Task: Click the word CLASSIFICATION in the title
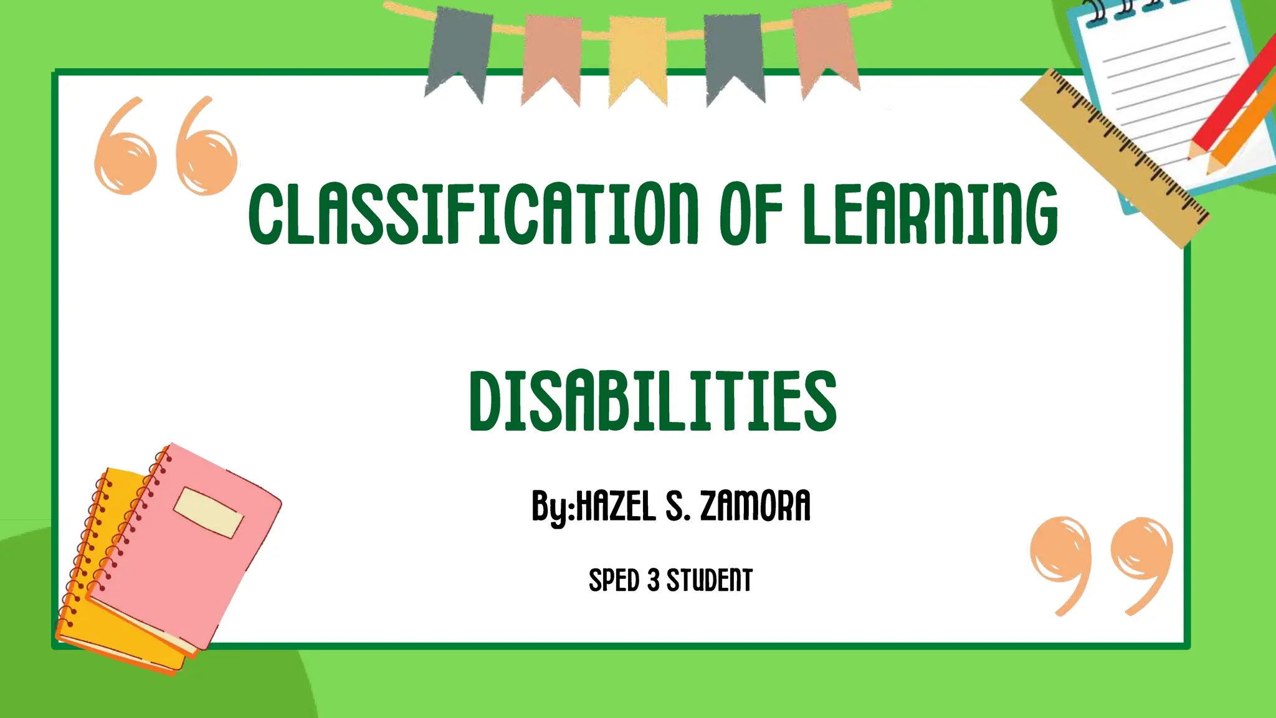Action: tap(474, 213)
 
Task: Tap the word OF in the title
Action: tap(751, 213)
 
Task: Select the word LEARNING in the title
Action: tap(930, 213)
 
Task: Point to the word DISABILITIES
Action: tap(652, 400)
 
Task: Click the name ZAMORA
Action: tap(755, 505)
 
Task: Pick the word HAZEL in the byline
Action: tap(616, 505)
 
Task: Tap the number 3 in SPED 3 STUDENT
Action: tap(653, 581)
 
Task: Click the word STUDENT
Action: tap(710, 581)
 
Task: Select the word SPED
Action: tap(614, 581)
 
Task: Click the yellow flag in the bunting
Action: tap(637, 59)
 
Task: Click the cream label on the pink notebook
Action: tap(208, 512)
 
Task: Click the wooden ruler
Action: tap(1115, 156)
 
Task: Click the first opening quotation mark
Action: tap(125, 150)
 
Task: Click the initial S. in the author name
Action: tap(678, 505)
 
